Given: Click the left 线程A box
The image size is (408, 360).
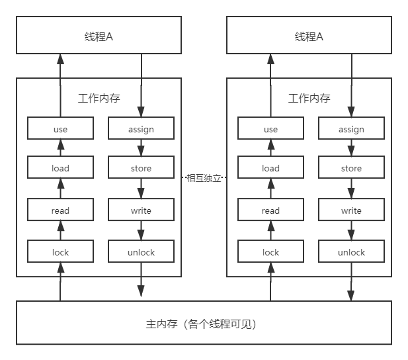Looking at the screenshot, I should (99, 36).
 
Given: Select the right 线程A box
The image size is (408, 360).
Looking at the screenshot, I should (309, 36).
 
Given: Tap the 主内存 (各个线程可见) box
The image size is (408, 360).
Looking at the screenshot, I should (204, 324).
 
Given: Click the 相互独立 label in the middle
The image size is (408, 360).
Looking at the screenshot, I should (204, 177).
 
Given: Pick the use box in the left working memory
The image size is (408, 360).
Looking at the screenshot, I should (60, 129).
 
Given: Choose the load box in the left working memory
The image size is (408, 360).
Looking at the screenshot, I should (60, 168).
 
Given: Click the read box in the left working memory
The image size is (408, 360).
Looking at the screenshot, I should (60, 210).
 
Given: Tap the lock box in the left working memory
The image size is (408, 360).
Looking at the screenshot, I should (60, 252).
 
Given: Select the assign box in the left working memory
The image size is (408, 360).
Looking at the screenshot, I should (141, 129).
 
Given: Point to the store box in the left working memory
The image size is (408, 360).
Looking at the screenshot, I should (141, 168).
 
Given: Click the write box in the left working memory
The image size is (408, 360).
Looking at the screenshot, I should (141, 210).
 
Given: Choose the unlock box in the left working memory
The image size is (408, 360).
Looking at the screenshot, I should (141, 252).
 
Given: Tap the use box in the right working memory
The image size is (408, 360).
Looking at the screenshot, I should (270, 129).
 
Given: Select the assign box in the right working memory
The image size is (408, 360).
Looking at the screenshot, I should (351, 129).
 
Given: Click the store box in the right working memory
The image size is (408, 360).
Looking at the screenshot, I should (351, 168).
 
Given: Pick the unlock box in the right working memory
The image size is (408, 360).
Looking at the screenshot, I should (351, 252).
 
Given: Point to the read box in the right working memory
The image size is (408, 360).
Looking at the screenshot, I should (270, 210).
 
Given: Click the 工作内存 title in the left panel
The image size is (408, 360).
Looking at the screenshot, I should (99, 99).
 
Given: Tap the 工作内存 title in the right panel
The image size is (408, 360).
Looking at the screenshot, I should (309, 99).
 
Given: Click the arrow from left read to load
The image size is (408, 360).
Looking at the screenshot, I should (60, 189).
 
